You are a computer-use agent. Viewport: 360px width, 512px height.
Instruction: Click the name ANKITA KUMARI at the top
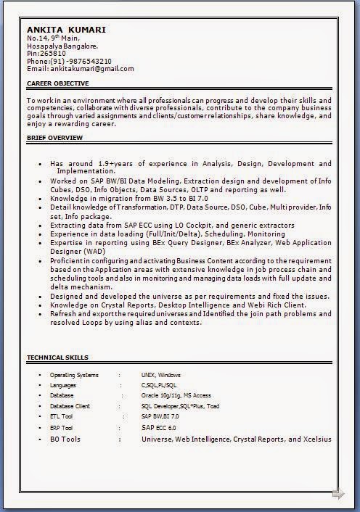tap(66, 30)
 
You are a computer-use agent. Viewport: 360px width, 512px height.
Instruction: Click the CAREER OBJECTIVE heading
tap(58, 83)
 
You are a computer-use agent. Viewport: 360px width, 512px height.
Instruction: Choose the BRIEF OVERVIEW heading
tap(54, 136)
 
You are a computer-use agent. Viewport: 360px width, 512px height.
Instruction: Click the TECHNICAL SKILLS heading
tap(57, 358)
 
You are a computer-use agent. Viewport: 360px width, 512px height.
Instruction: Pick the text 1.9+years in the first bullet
tap(110, 164)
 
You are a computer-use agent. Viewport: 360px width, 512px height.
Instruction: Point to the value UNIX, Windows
tap(161, 375)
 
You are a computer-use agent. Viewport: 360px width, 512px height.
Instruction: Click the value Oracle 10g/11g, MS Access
tap(176, 396)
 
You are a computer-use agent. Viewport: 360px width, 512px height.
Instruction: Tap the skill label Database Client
tap(70, 407)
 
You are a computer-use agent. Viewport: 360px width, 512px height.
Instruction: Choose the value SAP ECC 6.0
tap(158, 428)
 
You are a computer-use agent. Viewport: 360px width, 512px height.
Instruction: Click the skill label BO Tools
tap(65, 439)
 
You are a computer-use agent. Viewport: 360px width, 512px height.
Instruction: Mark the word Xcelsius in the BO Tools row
tap(317, 439)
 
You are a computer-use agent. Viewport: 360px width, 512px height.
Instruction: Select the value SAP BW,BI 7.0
tap(160, 417)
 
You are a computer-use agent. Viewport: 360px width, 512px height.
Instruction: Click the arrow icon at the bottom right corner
tap(338, 495)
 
